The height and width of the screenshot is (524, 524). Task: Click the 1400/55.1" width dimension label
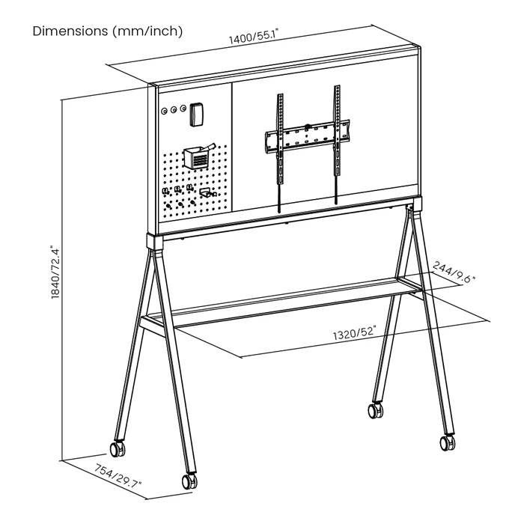tap(253, 36)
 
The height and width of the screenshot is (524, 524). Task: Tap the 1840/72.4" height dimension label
tap(55, 272)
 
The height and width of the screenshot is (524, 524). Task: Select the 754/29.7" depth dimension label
tap(118, 475)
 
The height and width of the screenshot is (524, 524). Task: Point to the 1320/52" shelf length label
tap(354, 333)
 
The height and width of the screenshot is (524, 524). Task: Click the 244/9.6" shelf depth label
tap(454, 272)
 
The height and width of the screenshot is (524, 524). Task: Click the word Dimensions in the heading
tap(70, 31)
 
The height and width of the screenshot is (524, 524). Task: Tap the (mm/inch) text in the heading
tap(147, 31)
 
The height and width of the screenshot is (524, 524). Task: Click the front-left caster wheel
tap(189, 481)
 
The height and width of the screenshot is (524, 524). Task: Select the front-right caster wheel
tap(447, 443)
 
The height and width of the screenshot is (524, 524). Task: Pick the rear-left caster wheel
tap(118, 449)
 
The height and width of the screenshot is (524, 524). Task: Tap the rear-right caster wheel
tap(376, 410)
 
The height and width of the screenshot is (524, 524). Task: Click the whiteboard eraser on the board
tap(196, 115)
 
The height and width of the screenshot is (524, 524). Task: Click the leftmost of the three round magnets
tap(165, 111)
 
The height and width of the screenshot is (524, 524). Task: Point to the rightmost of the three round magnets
tap(183, 109)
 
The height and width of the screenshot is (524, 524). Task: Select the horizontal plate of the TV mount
tap(308, 136)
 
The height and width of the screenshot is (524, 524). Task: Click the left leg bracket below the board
tap(155, 242)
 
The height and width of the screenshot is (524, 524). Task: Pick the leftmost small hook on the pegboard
tap(165, 191)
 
